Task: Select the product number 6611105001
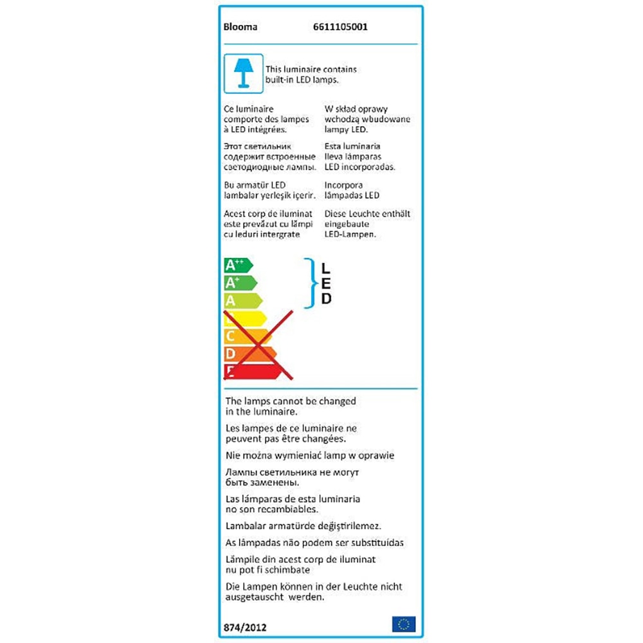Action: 340,28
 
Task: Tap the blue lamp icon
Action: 243,73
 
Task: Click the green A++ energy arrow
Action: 237,265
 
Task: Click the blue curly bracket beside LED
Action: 312,284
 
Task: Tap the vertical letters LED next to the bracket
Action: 327,283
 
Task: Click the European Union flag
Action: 404,624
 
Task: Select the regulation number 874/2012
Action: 245,627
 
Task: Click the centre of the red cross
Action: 258,344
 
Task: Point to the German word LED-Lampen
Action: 350,235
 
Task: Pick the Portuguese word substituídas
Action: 372,543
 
